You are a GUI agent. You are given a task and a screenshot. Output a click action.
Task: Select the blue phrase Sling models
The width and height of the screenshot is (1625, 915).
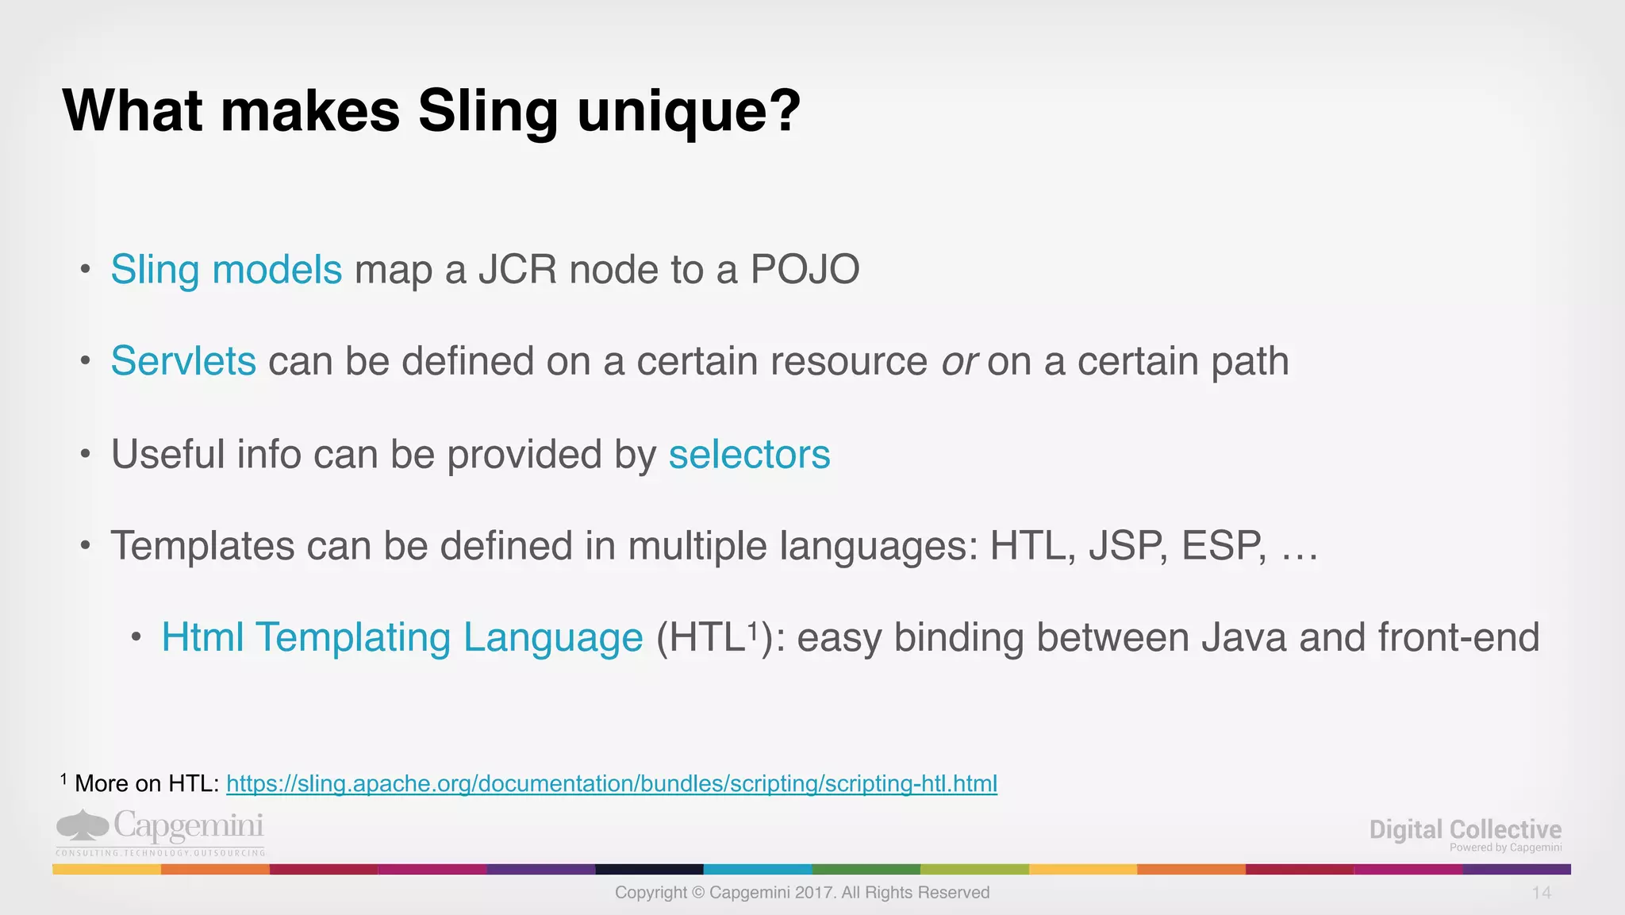[226, 270]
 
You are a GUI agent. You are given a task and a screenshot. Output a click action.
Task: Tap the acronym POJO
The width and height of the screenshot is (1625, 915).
[805, 270]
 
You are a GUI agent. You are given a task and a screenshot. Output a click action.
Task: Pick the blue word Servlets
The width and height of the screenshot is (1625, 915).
[183, 361]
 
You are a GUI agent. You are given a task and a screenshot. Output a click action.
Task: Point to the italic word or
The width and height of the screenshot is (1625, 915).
[958, 362]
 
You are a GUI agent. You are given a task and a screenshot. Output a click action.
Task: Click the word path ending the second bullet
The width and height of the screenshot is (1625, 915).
[1249, 362]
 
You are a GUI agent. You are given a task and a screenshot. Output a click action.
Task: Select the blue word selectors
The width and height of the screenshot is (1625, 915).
[749, 455]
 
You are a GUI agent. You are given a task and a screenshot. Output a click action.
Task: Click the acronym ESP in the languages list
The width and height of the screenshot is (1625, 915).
[1221, 546]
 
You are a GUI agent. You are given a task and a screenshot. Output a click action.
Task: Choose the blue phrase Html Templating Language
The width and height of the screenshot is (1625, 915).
[401, 638]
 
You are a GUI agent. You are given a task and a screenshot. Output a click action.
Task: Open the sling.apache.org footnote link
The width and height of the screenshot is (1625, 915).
[611, 784]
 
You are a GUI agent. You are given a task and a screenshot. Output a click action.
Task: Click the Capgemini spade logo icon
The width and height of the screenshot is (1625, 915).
[82, 825]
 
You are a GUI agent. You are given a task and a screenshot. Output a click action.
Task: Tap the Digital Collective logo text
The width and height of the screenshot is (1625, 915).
[1465, 830]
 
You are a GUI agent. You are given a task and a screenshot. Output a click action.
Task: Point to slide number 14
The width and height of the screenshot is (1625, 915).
[1541, 894]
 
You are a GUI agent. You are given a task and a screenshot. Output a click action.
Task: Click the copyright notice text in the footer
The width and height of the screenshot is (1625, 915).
[801, 893]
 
